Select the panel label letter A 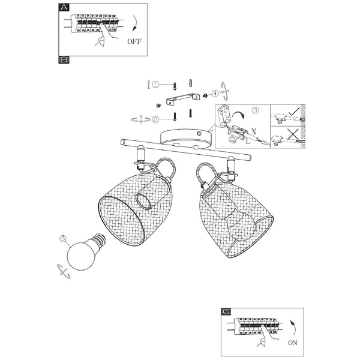click(x=64, y=7)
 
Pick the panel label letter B click(x=64, y=60)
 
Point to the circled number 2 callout click(x=155, y=119)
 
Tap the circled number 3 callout click(x=255, y=110)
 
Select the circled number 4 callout click(x=215, y=94)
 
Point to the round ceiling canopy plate click(x=187, y=138)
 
